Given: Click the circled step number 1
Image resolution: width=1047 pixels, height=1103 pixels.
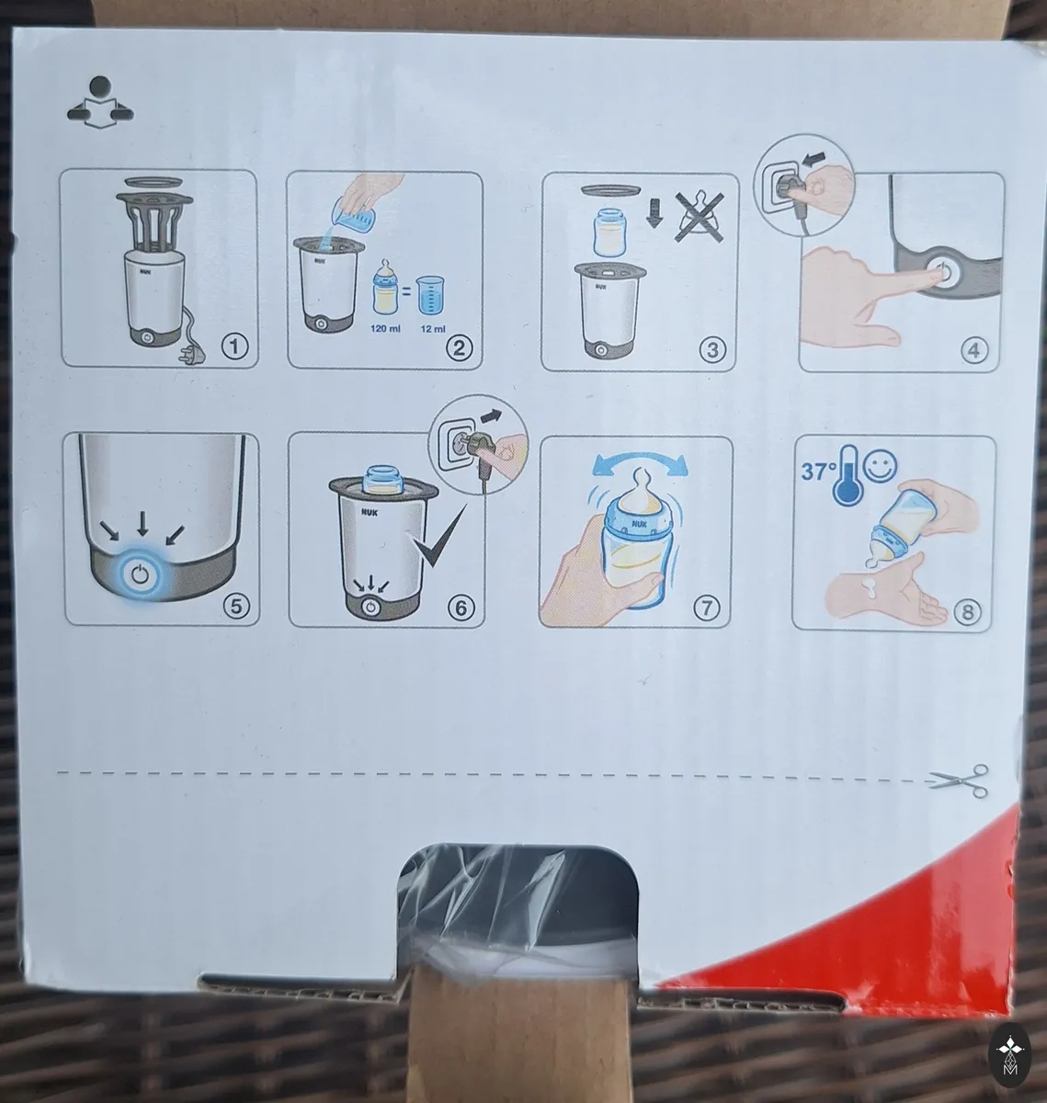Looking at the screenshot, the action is (x=234, y=347).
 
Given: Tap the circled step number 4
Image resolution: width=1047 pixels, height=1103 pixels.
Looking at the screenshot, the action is (x=973, y=350).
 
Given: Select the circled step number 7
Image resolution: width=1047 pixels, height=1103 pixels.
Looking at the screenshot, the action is (x=706, y=607).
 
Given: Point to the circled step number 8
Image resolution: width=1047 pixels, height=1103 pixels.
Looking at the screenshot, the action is (x=968, y=611).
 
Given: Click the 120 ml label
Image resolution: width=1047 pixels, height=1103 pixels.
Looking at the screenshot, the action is (x=385, y=328).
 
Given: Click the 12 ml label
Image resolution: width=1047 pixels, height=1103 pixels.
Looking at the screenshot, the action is (x=433, y=329).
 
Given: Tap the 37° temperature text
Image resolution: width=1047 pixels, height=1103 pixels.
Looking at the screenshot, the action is (x=817, y=471).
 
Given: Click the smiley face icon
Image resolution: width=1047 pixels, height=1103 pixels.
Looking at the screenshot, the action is (x=880, y=466).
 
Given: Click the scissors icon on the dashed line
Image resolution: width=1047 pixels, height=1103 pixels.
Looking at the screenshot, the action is (x=959, y=780).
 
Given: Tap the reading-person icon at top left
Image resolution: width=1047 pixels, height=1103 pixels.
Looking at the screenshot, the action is (x=100, y=102).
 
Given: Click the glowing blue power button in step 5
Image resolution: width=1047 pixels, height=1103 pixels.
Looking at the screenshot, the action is (x=140, y=574).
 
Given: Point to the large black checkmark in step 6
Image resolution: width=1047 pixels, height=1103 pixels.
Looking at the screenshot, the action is (x=438, y=536).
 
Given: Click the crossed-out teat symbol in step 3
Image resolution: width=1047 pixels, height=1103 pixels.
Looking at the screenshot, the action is (x=700, y=217).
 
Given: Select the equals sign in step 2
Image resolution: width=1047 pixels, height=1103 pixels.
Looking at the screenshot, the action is (x=406, y=291).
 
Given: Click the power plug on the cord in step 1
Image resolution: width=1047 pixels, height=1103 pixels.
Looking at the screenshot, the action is (x=189, y=354).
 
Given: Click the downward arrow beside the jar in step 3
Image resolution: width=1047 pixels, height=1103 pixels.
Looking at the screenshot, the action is (x=654, y=214).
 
